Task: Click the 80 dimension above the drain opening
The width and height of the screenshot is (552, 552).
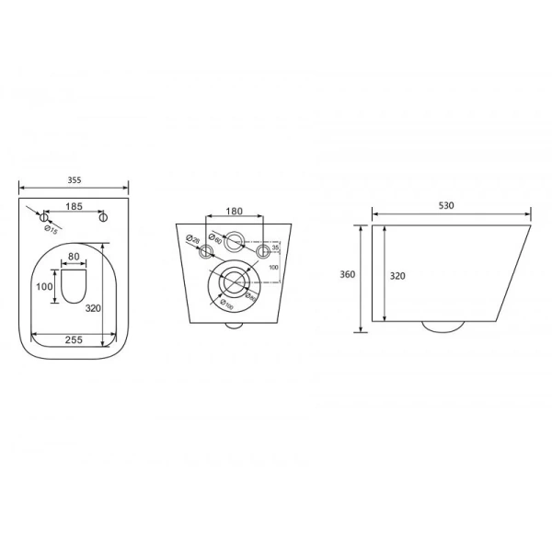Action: click(74, 257)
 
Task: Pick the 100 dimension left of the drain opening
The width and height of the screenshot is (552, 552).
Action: click(44, 287)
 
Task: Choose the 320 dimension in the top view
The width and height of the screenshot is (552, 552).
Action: click(94, 309)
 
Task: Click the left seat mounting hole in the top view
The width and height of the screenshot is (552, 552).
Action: click(43, 217)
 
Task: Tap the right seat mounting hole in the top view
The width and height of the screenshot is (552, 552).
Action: click(104, 217)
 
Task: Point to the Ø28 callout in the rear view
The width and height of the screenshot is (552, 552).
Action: click(191, 240)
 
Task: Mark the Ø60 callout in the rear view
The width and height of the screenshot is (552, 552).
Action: click(216, 234)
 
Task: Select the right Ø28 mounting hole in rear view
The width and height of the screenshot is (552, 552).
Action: click(264, 250)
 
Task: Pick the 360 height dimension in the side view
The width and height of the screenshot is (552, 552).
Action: click(348, 273)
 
